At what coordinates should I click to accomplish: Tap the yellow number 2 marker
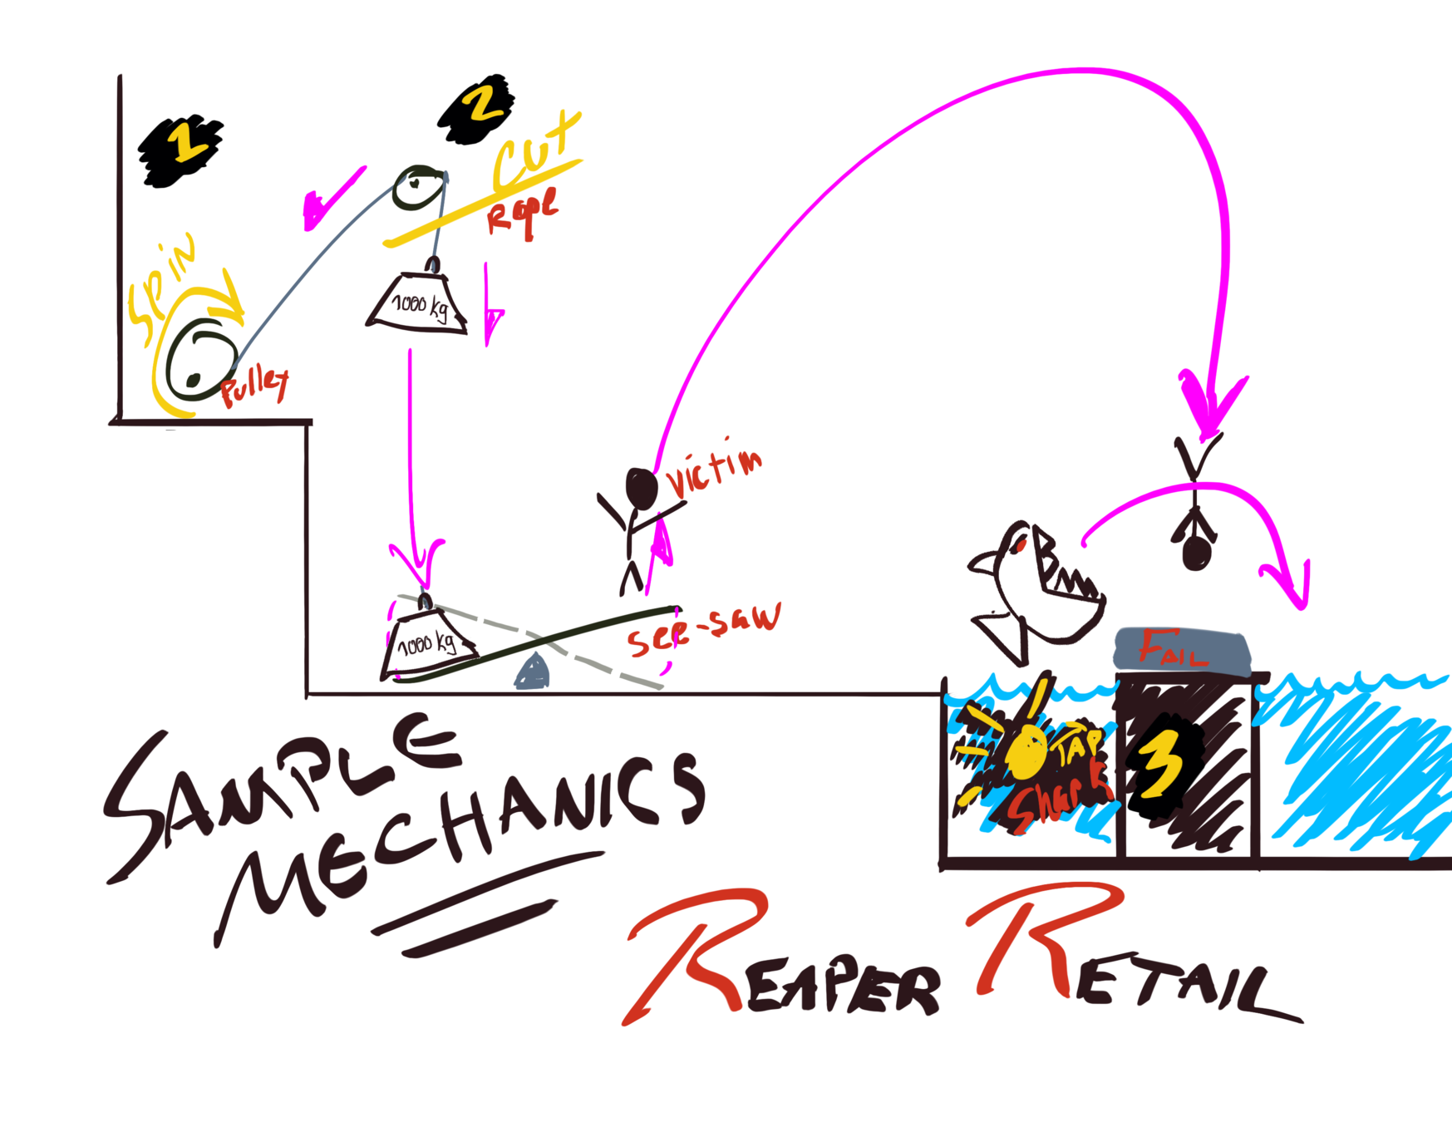(x=480, y=106)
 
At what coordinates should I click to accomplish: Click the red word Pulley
(x=254, y=386)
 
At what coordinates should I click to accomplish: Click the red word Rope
(x=523, y=214)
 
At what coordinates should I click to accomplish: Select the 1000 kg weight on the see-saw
(x=427, y=643)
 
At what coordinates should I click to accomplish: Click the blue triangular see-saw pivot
(x=533, y=672)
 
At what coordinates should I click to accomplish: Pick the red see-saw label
(x=703, y=629)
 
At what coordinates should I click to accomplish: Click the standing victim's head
(x=642, y=488)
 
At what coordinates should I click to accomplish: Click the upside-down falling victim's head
(x=1197, y=552)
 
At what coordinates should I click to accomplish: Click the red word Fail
(x=1172, y=649)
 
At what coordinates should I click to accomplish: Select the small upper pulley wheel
(x=419, y=188)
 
